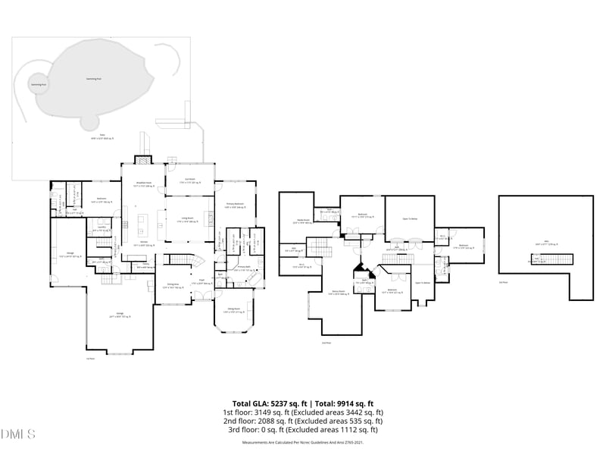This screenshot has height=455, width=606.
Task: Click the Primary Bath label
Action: (x=243, y=268)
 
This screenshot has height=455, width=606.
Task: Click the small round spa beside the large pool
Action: (x=36, y=85)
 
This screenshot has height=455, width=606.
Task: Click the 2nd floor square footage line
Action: (x=302, y=421)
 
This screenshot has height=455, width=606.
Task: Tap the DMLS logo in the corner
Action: (x=18, y=435)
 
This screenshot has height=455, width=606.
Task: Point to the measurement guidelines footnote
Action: (x=302, y=442)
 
